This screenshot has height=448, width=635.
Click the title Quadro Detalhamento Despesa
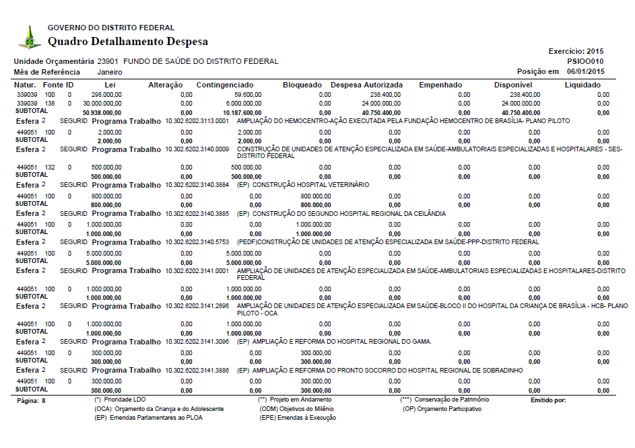pos(128,42)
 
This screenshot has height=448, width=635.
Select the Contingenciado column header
pos(225,85)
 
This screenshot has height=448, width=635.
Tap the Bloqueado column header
pos(302,85)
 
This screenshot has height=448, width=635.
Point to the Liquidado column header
pos(582,85)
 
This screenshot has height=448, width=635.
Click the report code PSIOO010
pos(586,61)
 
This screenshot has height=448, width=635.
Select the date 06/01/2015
pos(586,71)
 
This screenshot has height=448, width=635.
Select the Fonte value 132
pos(50,166)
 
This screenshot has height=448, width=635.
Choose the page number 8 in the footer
pos(43,400)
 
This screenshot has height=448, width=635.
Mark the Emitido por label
pos(548,400)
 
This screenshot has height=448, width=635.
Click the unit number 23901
pos(108,61)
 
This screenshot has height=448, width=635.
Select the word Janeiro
pos(110,71)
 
